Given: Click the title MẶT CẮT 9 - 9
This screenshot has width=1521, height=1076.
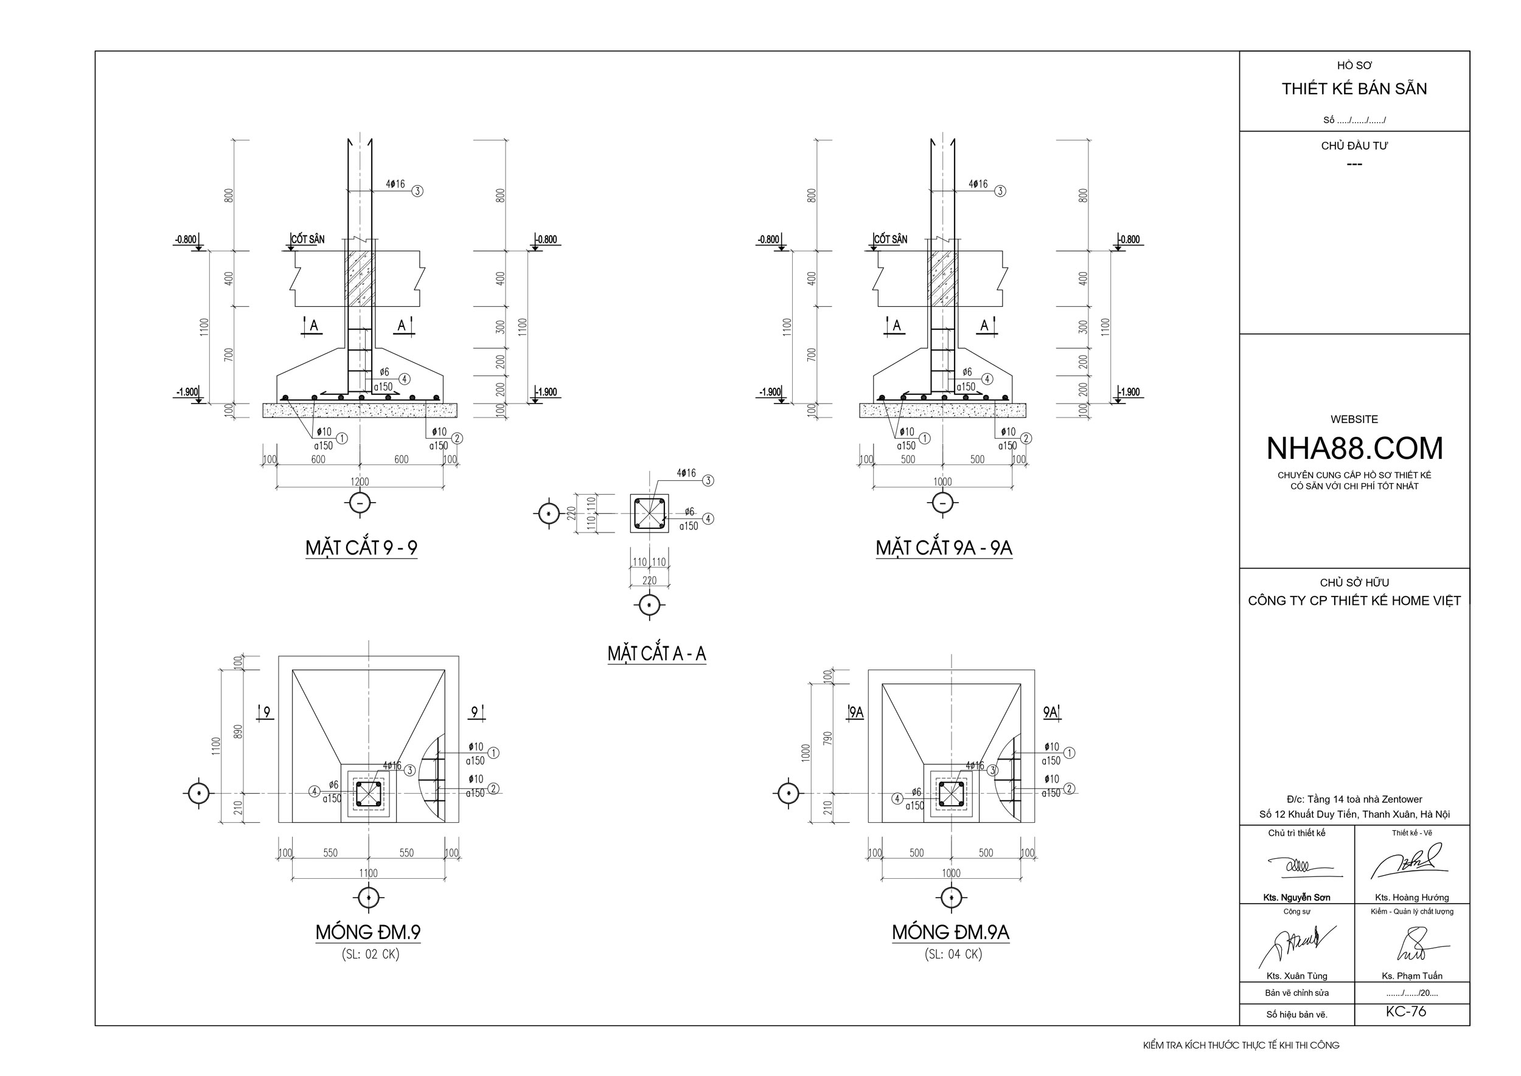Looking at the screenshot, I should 361,548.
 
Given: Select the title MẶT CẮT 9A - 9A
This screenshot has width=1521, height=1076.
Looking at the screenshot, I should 944,548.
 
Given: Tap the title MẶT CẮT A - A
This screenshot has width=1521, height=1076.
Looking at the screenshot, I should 656,654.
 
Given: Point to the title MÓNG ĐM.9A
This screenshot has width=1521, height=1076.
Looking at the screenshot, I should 950,932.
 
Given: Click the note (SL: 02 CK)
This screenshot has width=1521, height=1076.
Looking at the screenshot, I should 371,954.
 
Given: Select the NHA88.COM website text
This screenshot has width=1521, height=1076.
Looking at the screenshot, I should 1354,449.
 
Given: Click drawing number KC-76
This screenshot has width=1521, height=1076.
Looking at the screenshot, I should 1406,1011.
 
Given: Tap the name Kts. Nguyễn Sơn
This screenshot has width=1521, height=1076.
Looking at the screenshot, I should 1297,897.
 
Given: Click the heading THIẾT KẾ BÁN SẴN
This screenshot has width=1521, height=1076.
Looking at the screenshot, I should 1354,89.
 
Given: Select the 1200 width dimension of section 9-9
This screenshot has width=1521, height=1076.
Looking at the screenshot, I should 360,481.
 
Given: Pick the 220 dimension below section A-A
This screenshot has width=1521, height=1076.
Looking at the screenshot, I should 649,581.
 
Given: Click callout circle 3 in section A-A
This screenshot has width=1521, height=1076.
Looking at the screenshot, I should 708,480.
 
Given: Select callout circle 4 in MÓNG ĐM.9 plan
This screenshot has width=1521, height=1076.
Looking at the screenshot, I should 315,791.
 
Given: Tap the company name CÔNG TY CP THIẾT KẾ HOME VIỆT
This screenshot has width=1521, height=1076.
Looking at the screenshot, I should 1354,601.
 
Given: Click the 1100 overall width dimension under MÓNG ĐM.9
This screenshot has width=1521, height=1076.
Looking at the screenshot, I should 368,873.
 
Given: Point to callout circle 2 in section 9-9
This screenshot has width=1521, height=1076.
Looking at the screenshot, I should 456,438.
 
